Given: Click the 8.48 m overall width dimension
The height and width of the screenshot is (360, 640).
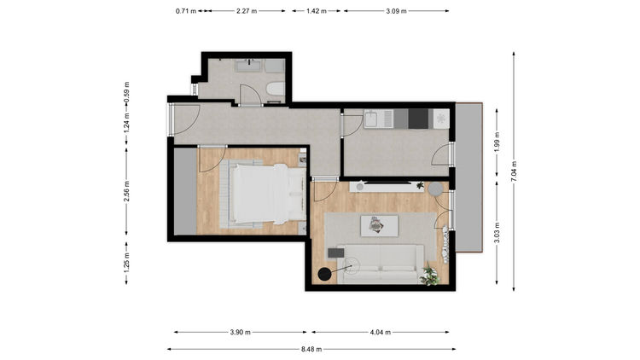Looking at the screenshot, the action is [x=311, y=350].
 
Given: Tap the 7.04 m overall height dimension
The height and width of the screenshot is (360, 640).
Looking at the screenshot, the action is [x=514, y=171].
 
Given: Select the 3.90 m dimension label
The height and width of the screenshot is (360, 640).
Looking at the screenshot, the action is [x=240, y=332].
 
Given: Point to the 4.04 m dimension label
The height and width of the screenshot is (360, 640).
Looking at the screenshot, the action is [x=381, y=332].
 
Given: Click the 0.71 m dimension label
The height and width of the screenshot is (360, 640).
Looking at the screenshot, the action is [x=186, y=11].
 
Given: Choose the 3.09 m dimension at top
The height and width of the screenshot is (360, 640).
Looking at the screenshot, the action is [x=396, y=11].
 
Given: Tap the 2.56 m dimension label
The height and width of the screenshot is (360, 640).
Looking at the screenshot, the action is [x=126, y=191].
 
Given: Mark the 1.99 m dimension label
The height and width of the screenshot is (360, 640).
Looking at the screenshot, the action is [x=497, y=142].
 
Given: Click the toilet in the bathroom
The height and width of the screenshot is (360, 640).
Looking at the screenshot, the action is [x=275, y=88].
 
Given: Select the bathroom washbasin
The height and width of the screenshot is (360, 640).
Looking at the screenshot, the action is [x=248, y=66].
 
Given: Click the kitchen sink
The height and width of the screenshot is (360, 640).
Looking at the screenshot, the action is [x=373, y=119].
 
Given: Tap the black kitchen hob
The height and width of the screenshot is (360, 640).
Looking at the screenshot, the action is [x=418, y=119].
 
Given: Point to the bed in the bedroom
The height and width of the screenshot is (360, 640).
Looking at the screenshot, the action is [x=264, y=194].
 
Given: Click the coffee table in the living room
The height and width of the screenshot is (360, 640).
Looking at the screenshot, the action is [x=379, y=226].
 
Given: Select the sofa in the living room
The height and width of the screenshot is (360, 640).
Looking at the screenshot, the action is [x=381, y=264].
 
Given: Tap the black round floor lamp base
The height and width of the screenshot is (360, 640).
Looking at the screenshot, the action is [x=325, y=274].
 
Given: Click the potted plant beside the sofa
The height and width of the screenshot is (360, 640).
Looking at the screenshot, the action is [x=431, y=276].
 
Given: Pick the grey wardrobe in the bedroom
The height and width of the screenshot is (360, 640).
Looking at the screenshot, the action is [x=186, y=191].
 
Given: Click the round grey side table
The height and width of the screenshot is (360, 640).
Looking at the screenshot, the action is [x=435, y=189].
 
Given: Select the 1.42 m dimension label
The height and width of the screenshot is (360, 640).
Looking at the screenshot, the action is [x=317, y=11].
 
